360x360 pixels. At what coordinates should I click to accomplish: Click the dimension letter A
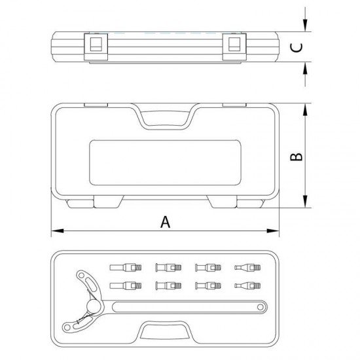pyautogui.click(x=166, y=222)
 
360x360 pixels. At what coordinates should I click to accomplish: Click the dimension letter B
pyautogui.click(x=297, y=156)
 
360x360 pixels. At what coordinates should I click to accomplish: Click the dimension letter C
pyautogui.click(x=297, y=48)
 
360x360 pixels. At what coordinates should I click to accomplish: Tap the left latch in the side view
pyautogui.click(x=96, y=47)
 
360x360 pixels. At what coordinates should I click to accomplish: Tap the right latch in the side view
pyautogui.click(x=234, y=47)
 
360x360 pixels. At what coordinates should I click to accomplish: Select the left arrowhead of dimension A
pyautogui.click(x=58, y=231)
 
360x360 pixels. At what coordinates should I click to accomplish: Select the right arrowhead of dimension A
pyautogui.click(x=273, y=231)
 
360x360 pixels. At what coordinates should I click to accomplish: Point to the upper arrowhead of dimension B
pyautogui.click(x=305, y=110)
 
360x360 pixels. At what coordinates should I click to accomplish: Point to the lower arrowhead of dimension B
pyautogui.click(x=305, y=201)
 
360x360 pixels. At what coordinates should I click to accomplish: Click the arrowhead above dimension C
pyautogui.click(x=305, y=26)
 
